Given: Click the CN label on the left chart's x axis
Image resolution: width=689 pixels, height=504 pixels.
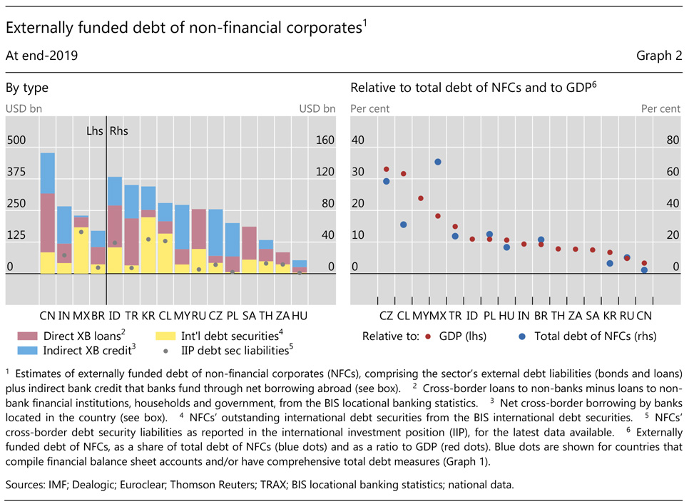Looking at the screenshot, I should (x=48, y=314).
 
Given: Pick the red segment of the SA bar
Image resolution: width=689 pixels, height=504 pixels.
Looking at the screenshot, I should (x=249, y=243).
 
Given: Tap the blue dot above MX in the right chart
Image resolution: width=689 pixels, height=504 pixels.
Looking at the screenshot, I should (x=438, y=162).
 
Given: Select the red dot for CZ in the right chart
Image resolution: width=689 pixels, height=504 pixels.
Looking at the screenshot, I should (x=386, y=169).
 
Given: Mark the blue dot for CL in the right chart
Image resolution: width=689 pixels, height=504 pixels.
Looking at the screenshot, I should (x=404, y=225).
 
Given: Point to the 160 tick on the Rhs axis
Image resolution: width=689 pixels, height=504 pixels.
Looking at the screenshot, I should (x=325, y=140).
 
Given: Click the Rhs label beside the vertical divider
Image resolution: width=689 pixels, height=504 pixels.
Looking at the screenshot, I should (x=120, y=132).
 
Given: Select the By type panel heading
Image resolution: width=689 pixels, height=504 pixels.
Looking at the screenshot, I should (x=27, y=88).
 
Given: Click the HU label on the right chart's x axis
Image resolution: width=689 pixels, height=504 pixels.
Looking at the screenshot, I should (x=506, y=314).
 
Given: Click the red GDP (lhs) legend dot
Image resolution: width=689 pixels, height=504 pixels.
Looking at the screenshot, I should (x=428, y=335).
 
